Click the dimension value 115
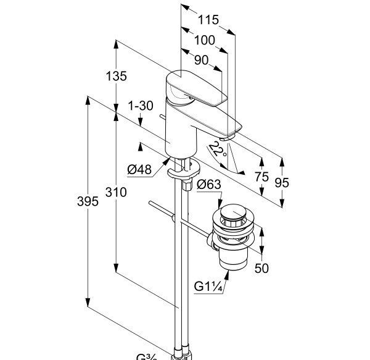208,20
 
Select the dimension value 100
203,40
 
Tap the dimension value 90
201,61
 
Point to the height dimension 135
116,77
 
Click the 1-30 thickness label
140,106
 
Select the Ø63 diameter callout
208,183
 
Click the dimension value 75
262,177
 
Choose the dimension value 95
282,183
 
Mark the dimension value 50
261,268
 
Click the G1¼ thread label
207,287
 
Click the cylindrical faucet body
179,133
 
